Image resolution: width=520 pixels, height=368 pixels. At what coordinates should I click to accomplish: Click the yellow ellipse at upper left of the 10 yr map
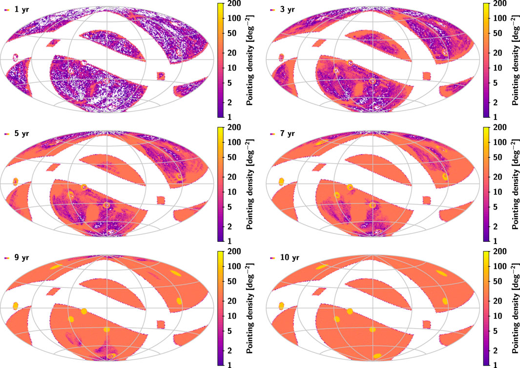pos(322,267)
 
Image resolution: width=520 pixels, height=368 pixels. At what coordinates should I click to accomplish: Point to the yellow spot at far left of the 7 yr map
pos(281,181)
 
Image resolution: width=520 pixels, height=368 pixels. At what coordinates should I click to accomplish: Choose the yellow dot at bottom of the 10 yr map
pos(376,356)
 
